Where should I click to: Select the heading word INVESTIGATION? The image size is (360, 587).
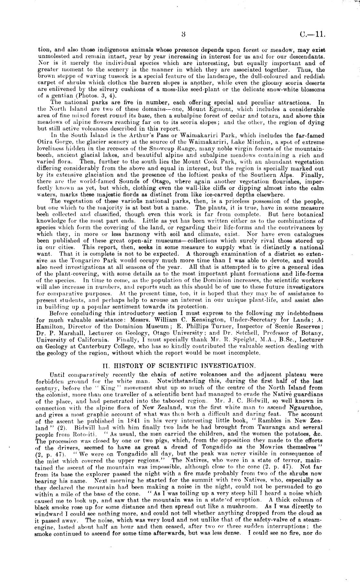tap(228, 366)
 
